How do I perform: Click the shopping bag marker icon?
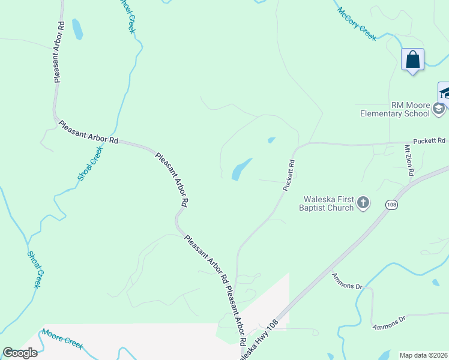pyautogui.click(x=412, y=60)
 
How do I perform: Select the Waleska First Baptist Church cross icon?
pyautogui.click(x=363, y=203)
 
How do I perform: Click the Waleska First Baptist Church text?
pyautogui.click(x=327, y=203)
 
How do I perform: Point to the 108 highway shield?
pyautogui.click(x=391, y=205)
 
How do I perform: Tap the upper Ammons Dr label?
pyautogui.click(x=348, y=282)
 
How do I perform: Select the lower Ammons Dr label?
pyautogui.click(x=389, y=322)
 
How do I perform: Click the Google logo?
pyautogui.click(x=20, y=353)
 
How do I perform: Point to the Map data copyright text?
pyautogui.click(x=423, y=355)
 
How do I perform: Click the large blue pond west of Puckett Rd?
pyautogui.click(x=241, y=169)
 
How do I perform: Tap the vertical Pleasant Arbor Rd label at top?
pyautogui.click(x=59, y=52)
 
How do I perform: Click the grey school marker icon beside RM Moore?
pyautogui.click(x=439, y=109)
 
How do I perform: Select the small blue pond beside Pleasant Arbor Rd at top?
pyautogui.click(x=77, y=29)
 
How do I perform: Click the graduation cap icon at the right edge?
pyautogui.click(x=444, y=92)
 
